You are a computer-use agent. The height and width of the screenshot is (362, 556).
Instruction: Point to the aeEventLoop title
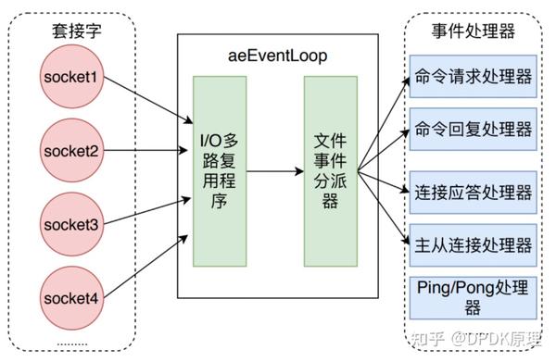pyautogui.click(x=278, y=56)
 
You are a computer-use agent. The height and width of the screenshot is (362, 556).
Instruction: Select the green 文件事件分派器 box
pyautogui.click(x=330, y=172)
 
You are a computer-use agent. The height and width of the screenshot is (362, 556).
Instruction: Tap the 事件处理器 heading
pyautogui.click(x=473, y=31)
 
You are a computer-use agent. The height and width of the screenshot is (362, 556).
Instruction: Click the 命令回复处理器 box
pyautogui.click(x=473, y=128)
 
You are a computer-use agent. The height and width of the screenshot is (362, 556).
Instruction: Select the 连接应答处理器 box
pyautogui.click(x=473, y=193)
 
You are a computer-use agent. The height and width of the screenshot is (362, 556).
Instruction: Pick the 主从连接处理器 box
pyautogui.click(x=473, y=244)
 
